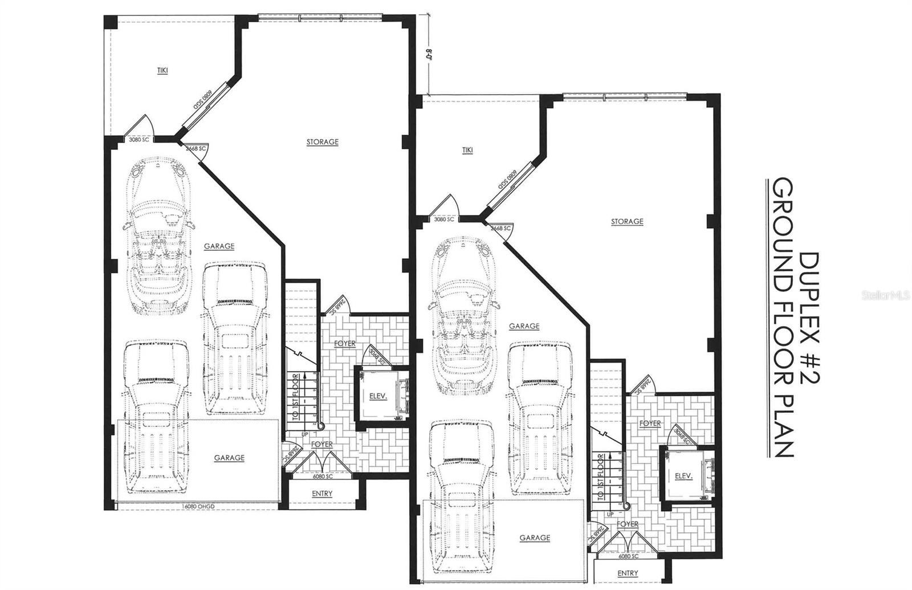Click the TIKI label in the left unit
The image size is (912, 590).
(x=163, y=71)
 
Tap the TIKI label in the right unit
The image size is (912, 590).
(x=467, y=150)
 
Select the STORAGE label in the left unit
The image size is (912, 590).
(x=323, y=142)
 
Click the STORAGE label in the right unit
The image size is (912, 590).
(x=627, y=221)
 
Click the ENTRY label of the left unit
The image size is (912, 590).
(x=322, y=494)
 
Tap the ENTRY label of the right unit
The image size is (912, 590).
(x=628, y=573)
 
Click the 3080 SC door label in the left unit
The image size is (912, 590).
(x=139, y=140)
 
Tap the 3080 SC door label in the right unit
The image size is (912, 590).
(x=444, y=219)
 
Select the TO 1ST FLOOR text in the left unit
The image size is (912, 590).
(x=295, y=397)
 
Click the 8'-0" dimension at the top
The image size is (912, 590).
(x=428, y=56)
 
